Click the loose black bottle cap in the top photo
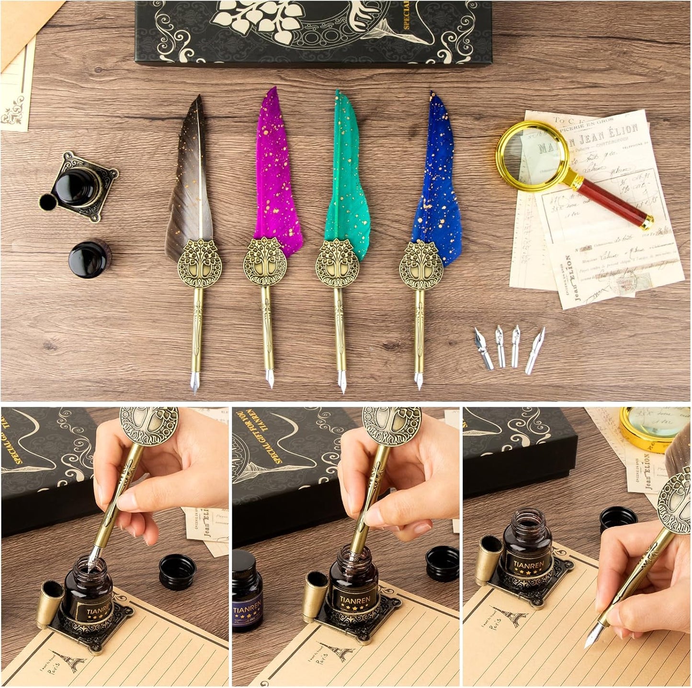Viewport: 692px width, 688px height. coord(90,259)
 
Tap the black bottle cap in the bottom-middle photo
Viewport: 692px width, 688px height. coord(442,563)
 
